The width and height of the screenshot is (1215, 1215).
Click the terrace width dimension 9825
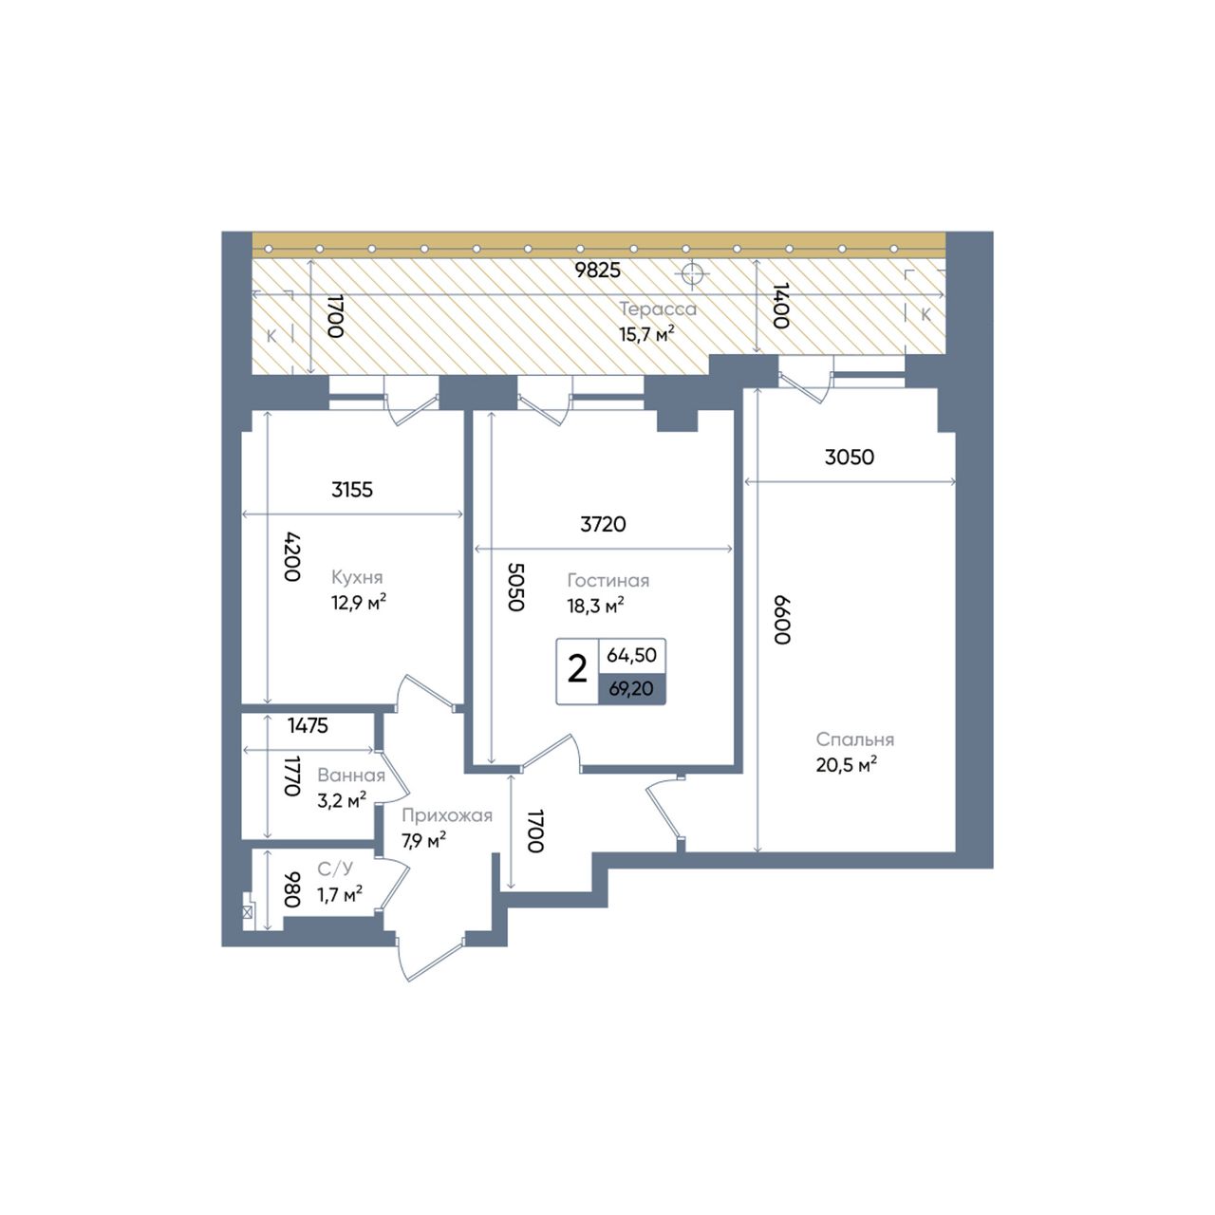tap(597, 270)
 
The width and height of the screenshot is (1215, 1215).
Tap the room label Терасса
tap(658, 308)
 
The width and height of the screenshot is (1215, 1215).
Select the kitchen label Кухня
tap(357, 577)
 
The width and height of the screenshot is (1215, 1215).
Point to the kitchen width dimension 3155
tap(352, 489)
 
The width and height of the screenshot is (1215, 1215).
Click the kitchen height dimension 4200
tap(292, 557)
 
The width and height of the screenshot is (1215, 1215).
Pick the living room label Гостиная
tap(607, 580)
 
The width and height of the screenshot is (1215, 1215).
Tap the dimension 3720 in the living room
tap(603, 524)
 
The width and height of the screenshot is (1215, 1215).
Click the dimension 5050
tap(515, 587)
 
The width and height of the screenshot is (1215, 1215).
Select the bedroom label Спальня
tap(855, 738)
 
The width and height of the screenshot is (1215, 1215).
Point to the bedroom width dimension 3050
tap(850, 457)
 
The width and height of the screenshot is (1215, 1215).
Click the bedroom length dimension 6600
tap(782, 619)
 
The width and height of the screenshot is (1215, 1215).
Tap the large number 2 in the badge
tap(577, 669)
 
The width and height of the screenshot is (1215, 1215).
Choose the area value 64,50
tap(632, 655)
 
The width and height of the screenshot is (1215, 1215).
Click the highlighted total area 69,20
tap(631, 688)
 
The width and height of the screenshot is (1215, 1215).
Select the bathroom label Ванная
tap(351, 775)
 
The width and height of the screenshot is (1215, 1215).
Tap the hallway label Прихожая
tap(446, 816)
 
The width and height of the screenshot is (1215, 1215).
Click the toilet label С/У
tap(335, 869)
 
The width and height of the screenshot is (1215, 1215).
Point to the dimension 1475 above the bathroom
tap(308, 726)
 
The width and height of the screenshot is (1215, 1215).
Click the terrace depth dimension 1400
tap(781, 305)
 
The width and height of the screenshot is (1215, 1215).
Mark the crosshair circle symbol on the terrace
tap(692, 274)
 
